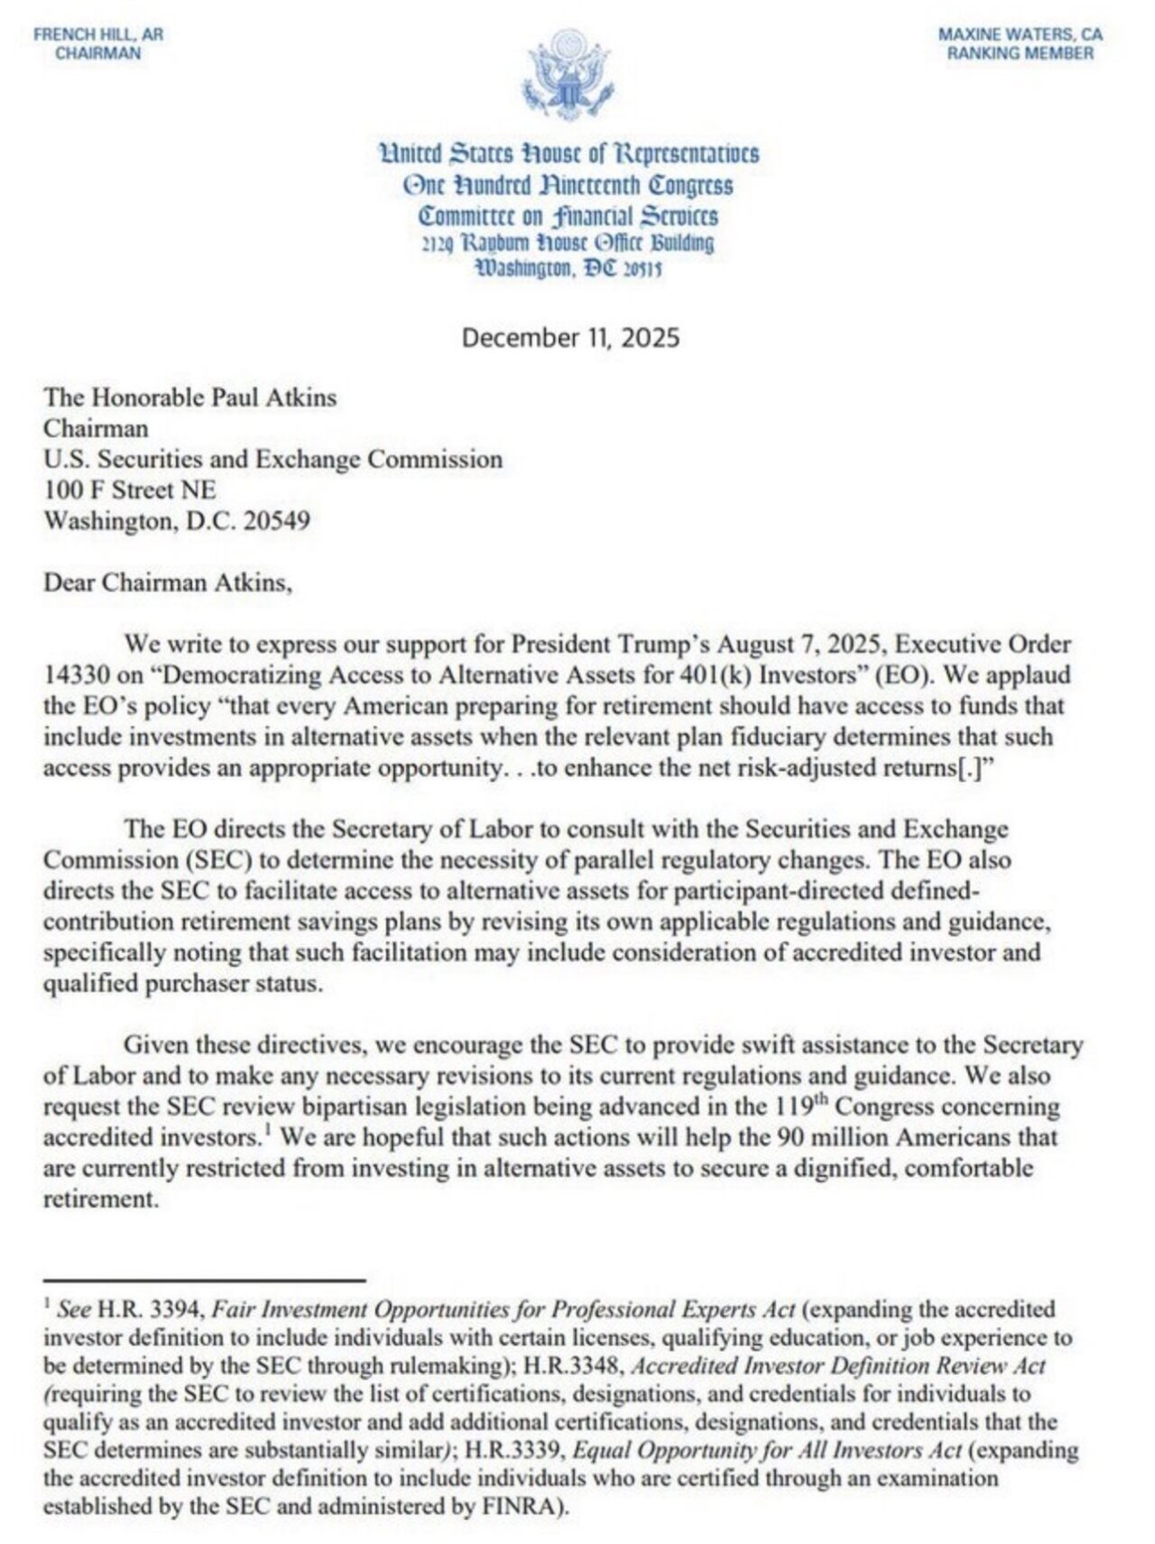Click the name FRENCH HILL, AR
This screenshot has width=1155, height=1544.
(x=98, y=35)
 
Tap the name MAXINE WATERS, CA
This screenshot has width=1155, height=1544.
(x=1020, y=35)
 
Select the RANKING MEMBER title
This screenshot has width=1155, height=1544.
(x=1020, y=53)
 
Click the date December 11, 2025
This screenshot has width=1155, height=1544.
(x=570, y=338)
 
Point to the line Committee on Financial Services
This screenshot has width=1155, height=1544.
(x=568, y=216)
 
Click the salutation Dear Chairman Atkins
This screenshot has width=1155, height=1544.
(x=168, y=583)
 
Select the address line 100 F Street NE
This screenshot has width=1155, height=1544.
(x=130, y=490)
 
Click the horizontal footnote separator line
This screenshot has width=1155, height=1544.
(x=204, y=1280)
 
